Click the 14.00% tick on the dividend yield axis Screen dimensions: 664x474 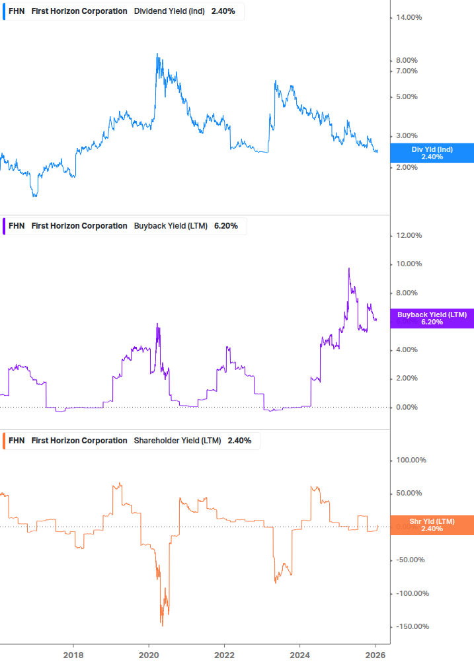point(409,18)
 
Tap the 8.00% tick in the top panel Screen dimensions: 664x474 point(407,61)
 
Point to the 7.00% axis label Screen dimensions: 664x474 point(407,71)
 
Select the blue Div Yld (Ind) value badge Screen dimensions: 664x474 point(432,153)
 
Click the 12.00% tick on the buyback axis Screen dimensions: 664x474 point(409,236)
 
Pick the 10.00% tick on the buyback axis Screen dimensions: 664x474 point(409,264)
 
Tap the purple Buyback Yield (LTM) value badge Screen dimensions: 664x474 point(432,318)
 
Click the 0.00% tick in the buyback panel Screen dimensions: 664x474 point(407,408)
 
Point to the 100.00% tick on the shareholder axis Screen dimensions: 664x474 point(411,461)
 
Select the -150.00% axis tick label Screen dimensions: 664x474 point(411,627)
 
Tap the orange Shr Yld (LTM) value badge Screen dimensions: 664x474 point(432,525)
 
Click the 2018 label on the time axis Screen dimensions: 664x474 point(73,653)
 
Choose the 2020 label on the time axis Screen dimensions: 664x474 point(149,653)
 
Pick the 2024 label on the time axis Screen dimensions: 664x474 point(300,653)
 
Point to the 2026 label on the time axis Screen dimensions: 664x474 point(375,653)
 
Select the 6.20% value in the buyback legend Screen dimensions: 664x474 point(226,226)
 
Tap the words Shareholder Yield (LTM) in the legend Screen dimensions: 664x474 point(178,441)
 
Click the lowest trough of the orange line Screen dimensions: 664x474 point(162,625)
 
